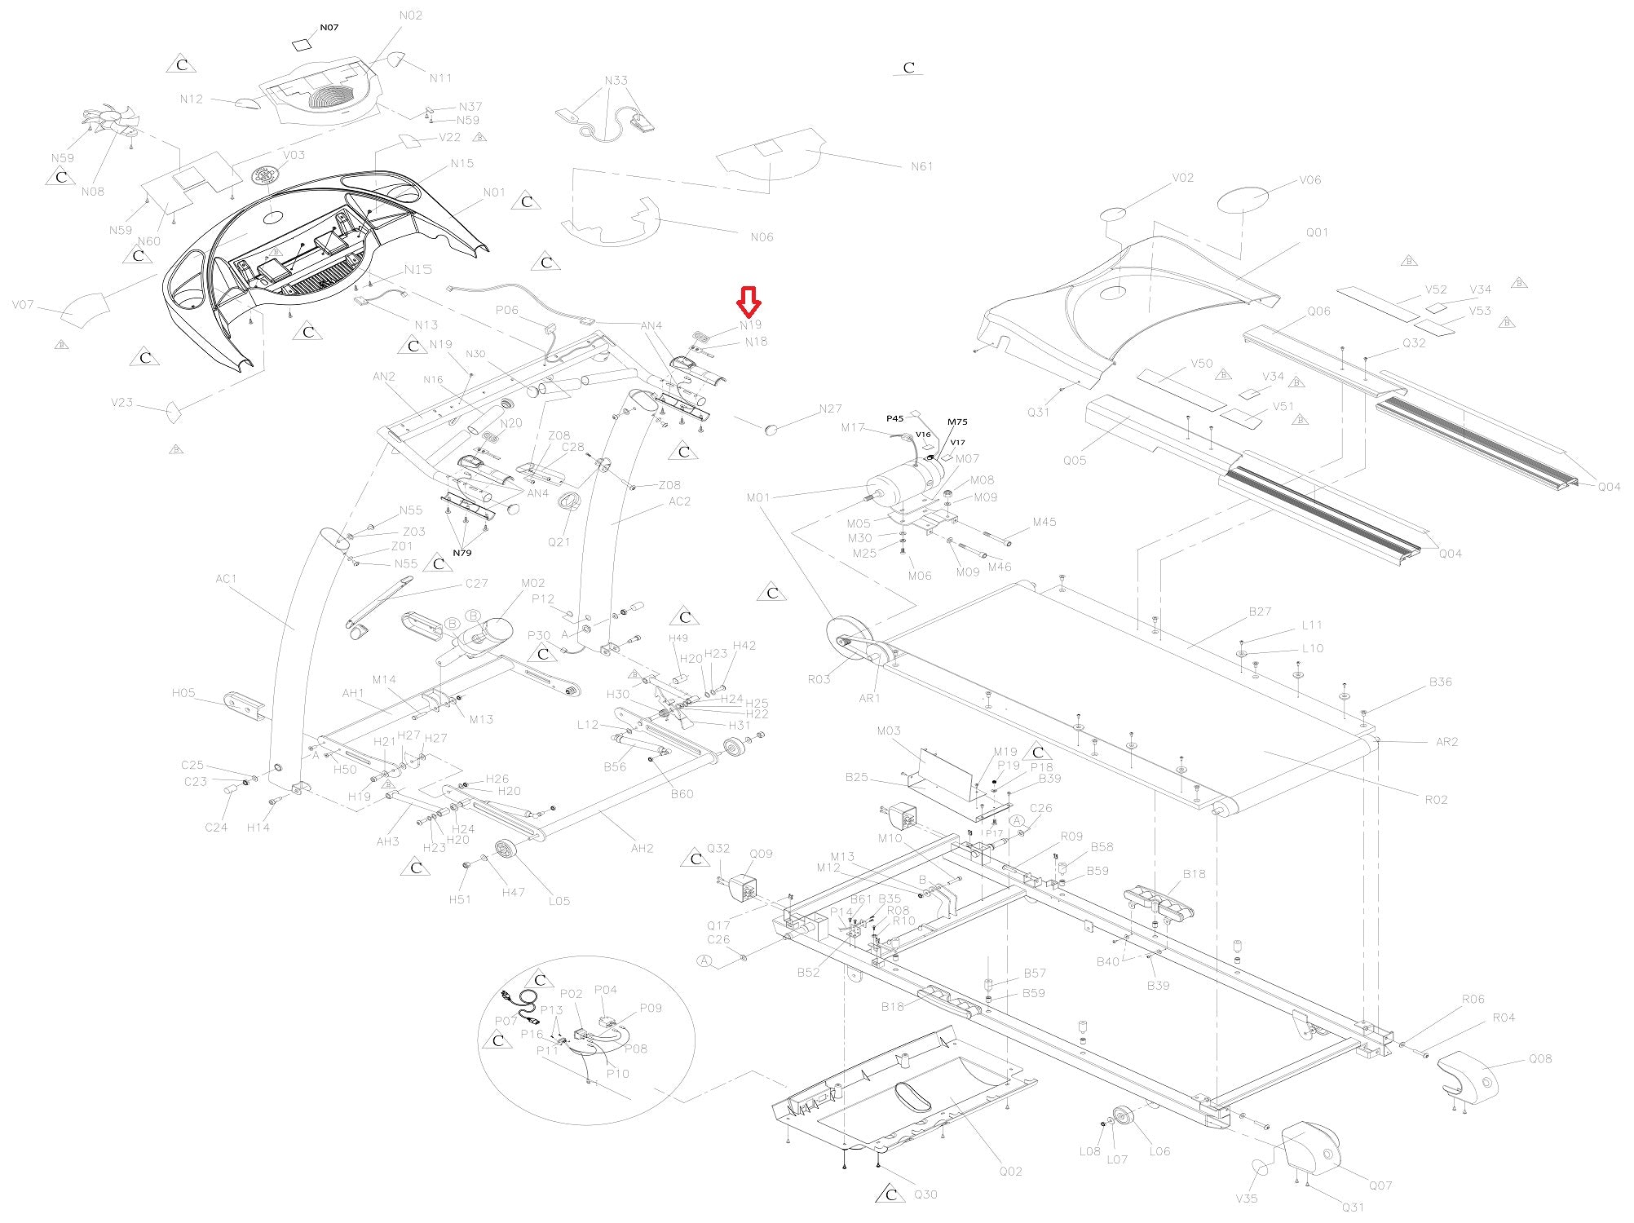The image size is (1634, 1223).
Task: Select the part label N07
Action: tap(329, 27)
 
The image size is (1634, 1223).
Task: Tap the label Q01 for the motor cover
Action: tap(1318, 232)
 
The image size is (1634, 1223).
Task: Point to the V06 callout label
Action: tap(1310, 179)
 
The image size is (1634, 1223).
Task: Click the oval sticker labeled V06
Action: tap(1243, 199)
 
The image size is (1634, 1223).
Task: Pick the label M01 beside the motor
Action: tap(759, 497)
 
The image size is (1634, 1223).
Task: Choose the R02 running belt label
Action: tap(1436, 799)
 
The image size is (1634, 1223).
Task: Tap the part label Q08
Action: tap(1540, 1058)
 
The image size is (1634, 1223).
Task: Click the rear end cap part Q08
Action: tap(1466, 1077)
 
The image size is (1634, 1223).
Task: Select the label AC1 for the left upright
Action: tap(226, 579)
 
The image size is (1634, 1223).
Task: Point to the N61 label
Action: tap(921, 166)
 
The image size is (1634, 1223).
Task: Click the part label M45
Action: tap(1044, 522)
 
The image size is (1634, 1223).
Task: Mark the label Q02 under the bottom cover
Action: tap(1010, 1171)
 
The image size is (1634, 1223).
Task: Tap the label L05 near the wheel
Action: tap(559, 901)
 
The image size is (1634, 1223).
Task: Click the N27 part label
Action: tap(830, 408)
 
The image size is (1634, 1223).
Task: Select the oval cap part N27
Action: tap(773, 429)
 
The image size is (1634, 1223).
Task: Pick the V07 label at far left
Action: tap(23, 305)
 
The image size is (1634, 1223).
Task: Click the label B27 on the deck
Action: tap(1260, 611)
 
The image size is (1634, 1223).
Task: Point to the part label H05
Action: tap(183, 693)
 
